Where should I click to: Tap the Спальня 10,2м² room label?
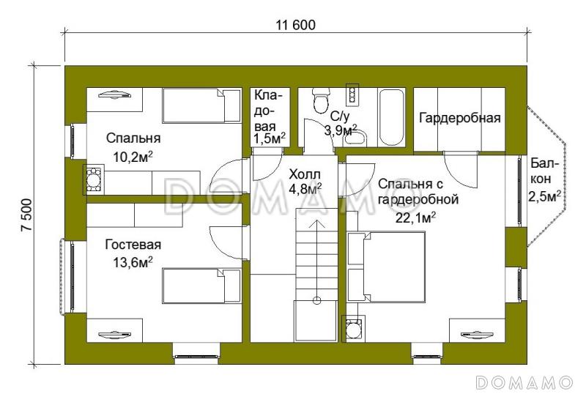pos(133,146)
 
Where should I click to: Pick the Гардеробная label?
pos(459,119)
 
